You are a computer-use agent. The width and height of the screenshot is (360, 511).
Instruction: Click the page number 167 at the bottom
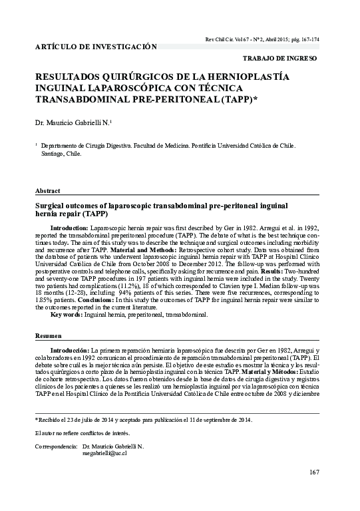coord(314,472)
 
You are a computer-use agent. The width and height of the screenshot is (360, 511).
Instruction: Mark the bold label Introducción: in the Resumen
coord(70,349)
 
